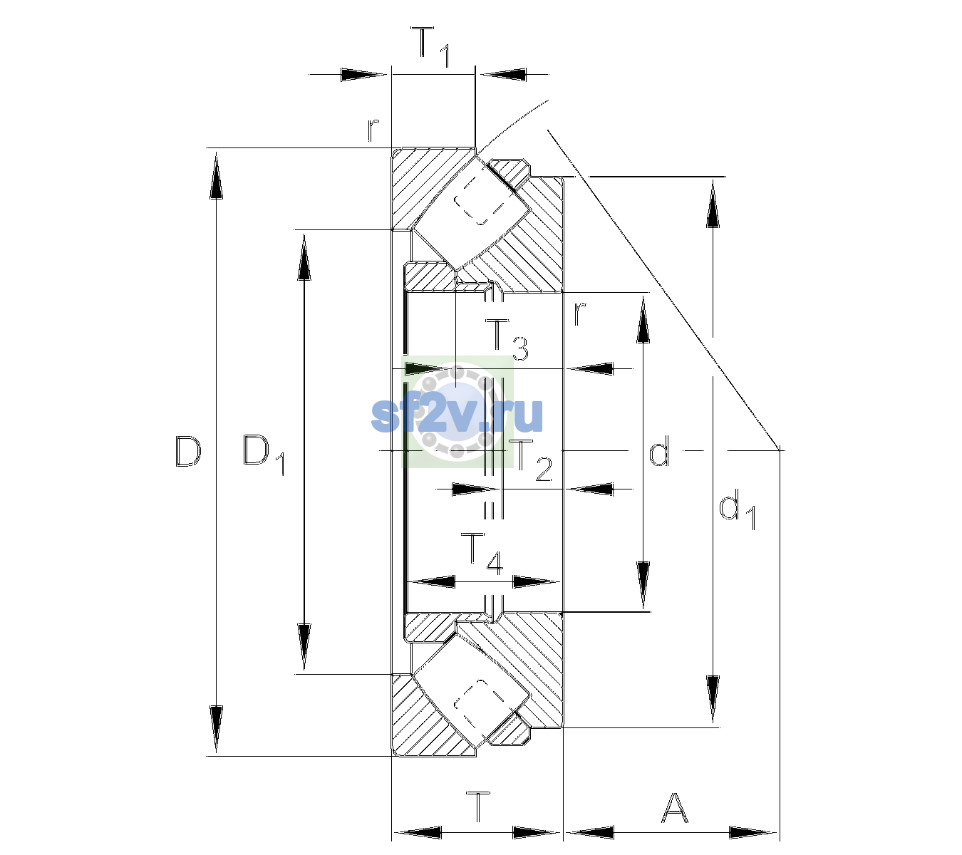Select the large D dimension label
[188, 452]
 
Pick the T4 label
[482, 554]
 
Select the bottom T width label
[479, 807]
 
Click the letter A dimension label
[674, 807]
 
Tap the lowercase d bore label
[659, 450]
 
